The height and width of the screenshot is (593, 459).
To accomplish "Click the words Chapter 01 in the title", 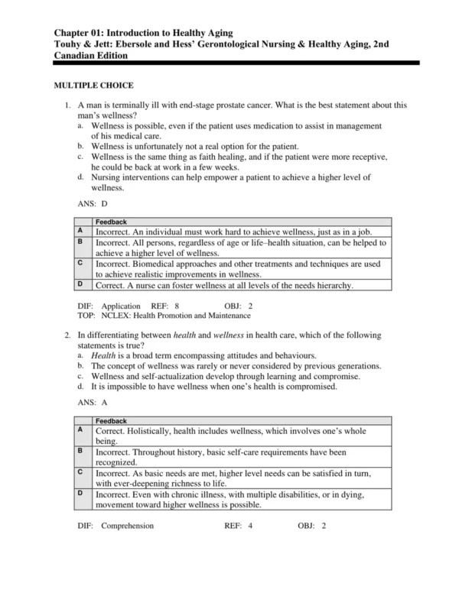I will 80,33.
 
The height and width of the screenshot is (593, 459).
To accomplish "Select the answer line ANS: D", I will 93,204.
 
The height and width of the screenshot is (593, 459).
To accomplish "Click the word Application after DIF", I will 121,306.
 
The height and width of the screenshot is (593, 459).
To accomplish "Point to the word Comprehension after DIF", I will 127,526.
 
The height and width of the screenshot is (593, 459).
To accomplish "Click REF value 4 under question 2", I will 250,526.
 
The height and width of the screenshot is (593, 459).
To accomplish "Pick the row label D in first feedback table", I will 80,284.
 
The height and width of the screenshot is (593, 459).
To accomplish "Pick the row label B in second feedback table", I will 80,451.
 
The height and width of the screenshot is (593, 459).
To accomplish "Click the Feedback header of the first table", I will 112,221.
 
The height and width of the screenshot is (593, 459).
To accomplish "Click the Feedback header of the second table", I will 112,420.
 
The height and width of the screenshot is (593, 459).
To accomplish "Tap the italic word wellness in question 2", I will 229,335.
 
